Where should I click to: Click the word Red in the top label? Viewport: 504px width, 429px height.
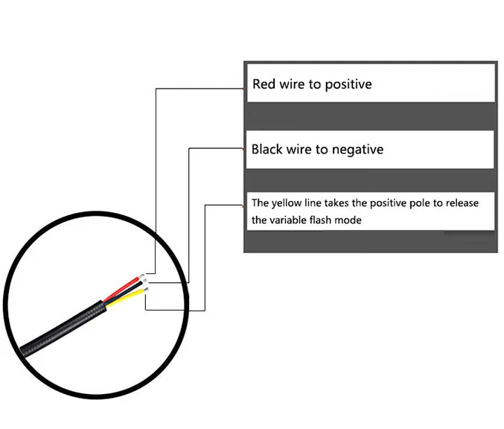(264, 84)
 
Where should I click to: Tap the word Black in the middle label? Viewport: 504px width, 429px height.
(267, 149)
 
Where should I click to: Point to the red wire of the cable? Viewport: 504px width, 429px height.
(123, 288)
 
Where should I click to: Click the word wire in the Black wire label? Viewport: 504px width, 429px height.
(299, 149)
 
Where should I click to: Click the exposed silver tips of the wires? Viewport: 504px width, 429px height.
(144, 282)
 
